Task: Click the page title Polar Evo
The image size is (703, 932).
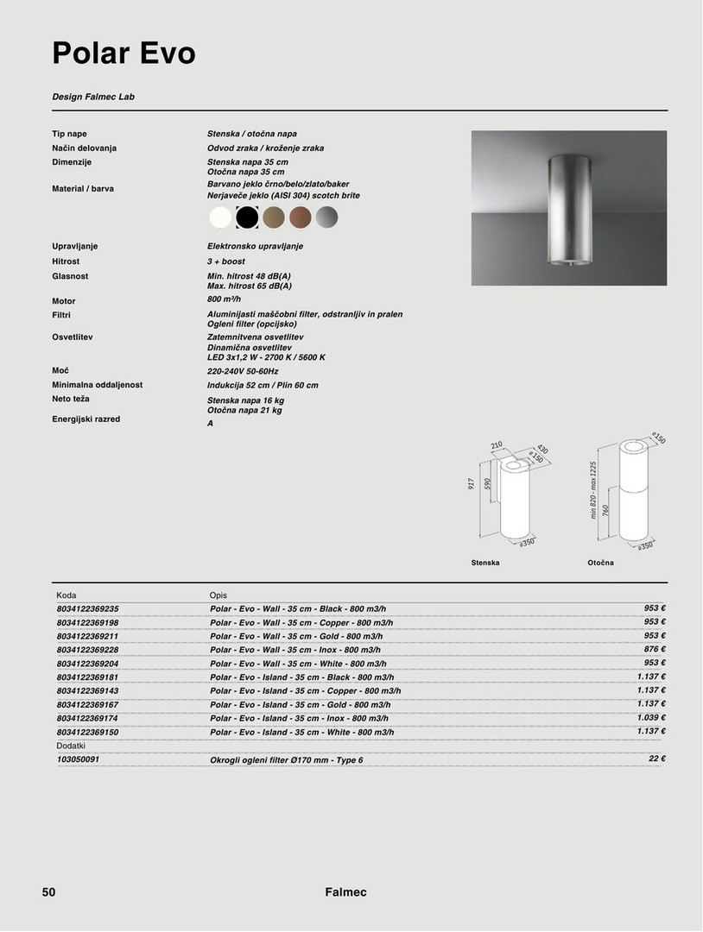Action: [123, 54]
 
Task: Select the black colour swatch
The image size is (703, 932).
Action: [248, 217]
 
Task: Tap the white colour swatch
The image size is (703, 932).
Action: [221, 217]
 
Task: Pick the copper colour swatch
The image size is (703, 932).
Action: [301, 217]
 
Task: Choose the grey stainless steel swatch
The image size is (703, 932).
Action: [327, 217]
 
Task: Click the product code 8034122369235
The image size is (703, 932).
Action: [87, 608]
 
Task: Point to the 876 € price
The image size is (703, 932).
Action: [652, 649]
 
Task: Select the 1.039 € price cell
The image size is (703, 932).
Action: [650, 717]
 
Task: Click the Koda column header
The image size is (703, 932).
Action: [66, 595]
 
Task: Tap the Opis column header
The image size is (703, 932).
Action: [218, 595]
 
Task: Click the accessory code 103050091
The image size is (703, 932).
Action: [78, 759]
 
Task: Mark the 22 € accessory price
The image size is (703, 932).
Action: [656, 759]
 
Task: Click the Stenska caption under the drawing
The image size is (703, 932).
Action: [485, 563]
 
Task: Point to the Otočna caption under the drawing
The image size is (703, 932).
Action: [600, 563]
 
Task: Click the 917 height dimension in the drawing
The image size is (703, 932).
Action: [472, 484]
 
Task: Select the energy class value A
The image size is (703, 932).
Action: [210, 424]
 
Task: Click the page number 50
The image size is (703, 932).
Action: [49, 892]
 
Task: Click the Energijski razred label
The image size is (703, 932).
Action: [85, 419]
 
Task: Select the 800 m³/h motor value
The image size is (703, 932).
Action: [224, 299]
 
